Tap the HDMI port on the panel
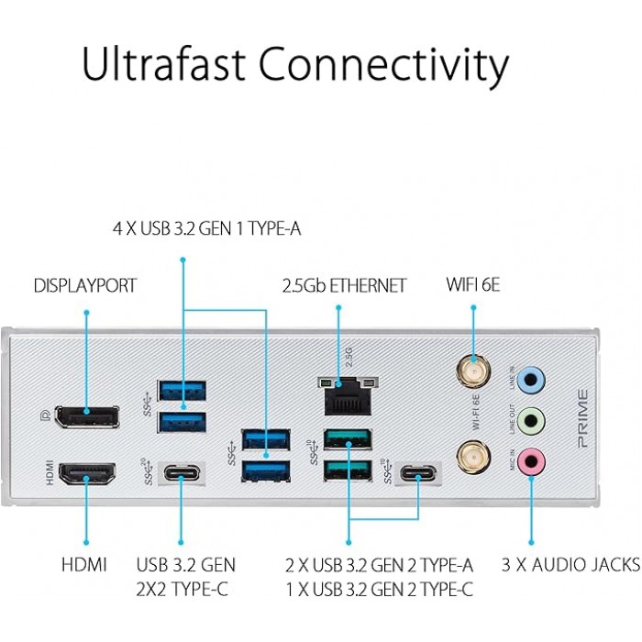point(87,474)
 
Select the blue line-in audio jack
point(531,378)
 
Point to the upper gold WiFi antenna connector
point(473,371)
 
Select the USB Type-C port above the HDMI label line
point(182,475)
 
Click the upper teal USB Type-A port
point(349,438)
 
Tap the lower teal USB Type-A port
point(349,470)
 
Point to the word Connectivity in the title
point(382,67)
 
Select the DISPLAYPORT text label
point(85,286)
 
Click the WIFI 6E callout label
point(473,285)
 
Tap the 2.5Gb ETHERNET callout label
point(344,286)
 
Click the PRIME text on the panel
point(583,418)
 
